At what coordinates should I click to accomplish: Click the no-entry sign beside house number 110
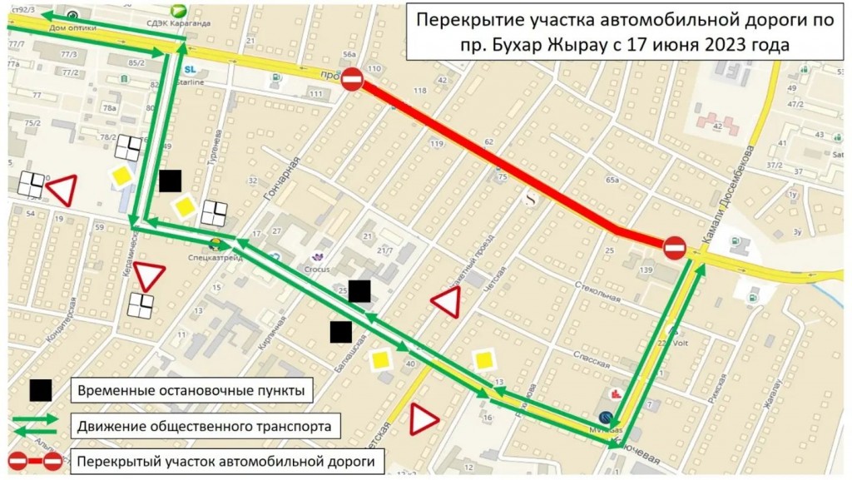353,80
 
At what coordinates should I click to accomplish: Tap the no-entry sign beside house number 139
674,248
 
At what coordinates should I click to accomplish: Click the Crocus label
316,269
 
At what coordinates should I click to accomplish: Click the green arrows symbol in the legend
35,425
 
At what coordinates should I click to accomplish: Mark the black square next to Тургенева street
171,181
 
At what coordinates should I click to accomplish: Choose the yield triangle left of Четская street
446,304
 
